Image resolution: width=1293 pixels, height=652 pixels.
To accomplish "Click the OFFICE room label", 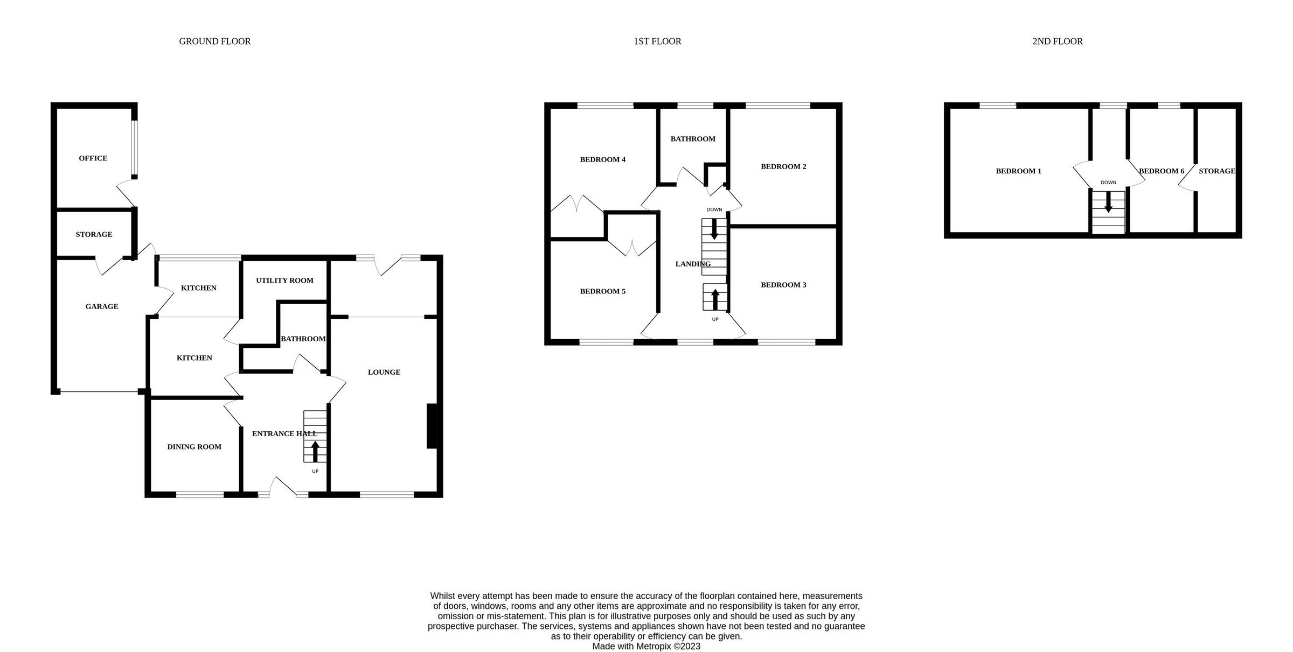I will pyautogui.click(x=93, y=158).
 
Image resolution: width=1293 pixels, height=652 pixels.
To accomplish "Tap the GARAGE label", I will pyautogui.click(x=101, y=306).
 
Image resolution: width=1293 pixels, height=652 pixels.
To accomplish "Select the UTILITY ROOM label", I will pyautogui.click(x=284, y=281).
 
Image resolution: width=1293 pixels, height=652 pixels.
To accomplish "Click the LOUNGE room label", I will pyautogui.click(x=384, y=372).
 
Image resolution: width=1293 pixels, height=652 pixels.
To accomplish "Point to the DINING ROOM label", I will pyautogui.click(x=194, y=447).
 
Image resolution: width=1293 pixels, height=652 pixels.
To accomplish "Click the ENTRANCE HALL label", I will pyautogui.click(x=284, y=433).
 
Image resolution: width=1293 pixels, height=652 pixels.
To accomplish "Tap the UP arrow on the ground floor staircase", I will pyautogui.click(x=315, y=451).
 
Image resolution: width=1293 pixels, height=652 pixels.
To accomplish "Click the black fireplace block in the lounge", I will pyautogui.click(x=432, y=426).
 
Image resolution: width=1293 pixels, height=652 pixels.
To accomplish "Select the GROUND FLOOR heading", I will pyautogui.click(x=214, y=41).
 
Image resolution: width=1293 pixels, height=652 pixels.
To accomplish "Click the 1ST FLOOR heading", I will pyautogui.click(x=657, y=41).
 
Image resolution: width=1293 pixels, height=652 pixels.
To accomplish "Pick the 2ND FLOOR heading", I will pyautogui.click(x=1057, y=41).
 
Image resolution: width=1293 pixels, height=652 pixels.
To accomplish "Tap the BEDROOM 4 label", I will pyautogui.click(x=602, y=159).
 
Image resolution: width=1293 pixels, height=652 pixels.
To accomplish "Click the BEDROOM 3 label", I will pyautogui.click(x=783, y=285).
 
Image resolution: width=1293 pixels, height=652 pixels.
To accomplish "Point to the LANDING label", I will pyautogui.click(x=693, y=264).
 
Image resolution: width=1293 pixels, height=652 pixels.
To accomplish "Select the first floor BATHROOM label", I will pyautogui.click(x=693, y=139).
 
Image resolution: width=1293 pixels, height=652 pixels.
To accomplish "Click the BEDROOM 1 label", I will pyautogui.click(x=1018, y=171).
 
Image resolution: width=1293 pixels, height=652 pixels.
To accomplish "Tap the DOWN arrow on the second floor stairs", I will pyautogui.click(x=1108, y=202).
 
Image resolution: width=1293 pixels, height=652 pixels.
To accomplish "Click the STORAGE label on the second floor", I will pyautogui.click(x=1216, y=171).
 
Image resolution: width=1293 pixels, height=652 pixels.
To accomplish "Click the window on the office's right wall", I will pyautogui.click(x=135, y=149).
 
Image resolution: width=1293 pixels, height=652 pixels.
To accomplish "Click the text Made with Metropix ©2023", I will pyautogui.click(x=646, y=646).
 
